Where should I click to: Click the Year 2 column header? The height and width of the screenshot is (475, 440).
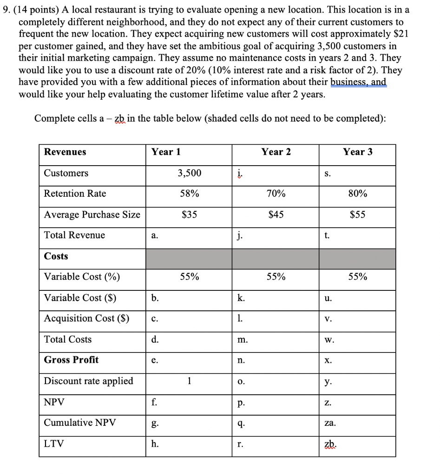pos(276,152)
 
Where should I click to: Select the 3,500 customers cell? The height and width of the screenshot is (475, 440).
pos(190,173)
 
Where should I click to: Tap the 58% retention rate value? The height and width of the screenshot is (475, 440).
pos(190,194)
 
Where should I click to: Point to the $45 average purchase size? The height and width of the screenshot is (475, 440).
pos(276,215)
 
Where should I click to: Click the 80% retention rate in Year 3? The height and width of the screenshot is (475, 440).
pos(358,194)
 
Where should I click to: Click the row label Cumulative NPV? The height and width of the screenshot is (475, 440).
pos(80,423)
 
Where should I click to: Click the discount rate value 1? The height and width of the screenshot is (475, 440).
pos(189,381)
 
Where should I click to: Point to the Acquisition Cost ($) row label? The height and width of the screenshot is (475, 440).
pos(86,318)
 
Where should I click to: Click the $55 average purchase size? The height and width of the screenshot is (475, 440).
pos(358,215)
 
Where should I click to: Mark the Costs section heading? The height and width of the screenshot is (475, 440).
pos(56,257)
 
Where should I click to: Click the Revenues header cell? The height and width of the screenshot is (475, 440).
pos(65,152)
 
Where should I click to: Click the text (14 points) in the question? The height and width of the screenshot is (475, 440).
pos(35,10)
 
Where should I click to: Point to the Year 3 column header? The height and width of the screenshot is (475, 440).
pos(358,152)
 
